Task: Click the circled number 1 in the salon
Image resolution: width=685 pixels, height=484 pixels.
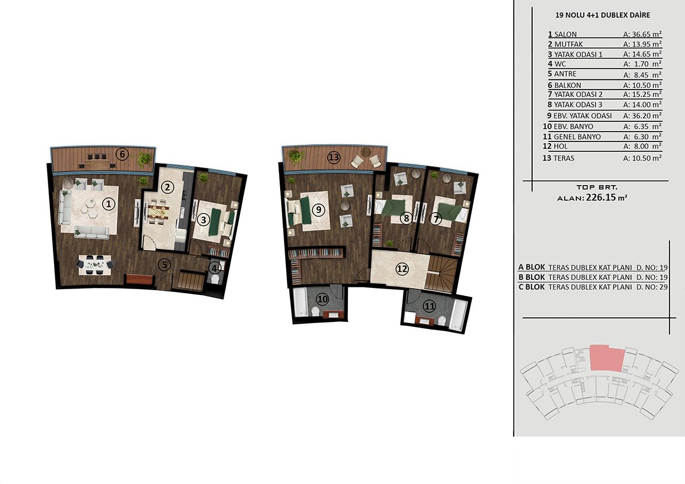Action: pyautogui.click(x=108, y=203)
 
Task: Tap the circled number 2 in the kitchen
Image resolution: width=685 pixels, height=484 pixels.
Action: pyautogui.click(x=167, y=187)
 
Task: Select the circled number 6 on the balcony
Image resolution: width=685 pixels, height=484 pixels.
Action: pyautogui.click(x=123, y=154)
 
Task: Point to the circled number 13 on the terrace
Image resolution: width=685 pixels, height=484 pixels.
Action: pyautogui.click(x=334, y=158)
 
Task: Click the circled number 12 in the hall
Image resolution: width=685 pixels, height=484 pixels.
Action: pyautogui.click(x=402, y=269)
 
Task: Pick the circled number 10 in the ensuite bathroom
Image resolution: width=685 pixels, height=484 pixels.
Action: pyautogui.click(x=323, y=299)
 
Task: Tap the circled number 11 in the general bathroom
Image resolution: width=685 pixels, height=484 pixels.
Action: pyautogui.click(x=430, y=306)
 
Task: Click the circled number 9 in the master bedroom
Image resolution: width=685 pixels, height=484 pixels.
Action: pyautogui.click(x=319, y=210)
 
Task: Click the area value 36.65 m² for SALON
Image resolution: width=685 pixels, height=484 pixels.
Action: pyautogui.click(x=642, y=34)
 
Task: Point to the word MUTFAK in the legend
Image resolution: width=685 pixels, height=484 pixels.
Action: pyautogui.click(x=568, y=44)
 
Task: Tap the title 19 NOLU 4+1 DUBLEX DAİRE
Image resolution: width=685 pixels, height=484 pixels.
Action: pyautogui.click(x=602, y=16)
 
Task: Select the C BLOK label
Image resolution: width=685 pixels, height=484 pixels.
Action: pyautogui.click(x=531, y=287)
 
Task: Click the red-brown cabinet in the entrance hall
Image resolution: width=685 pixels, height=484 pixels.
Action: pyautogui.click(x=140, y=280)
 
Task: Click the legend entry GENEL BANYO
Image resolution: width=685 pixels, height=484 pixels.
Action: pyautogui.click(x=577, y=137)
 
